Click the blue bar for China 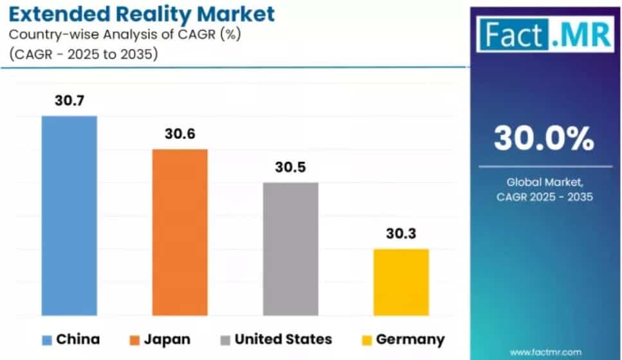pyautogui.click(x=69, y=215)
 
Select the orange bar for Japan pyautogui.click(x=180, y=232)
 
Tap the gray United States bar pyautogui.click(x=291, y=249)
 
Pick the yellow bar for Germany pyautogui.click(x=401, y=282)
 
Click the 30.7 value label pyautogui.click(x=69, y=101)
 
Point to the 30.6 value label pyautogui.click(x=180, y=134)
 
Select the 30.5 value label pyautogui.click(x=291, y=167)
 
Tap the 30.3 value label pyautogui.click(x=401, y=233)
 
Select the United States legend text pyautogui.click(x=283, y=339)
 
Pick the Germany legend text pyautogui.click(x=410, y=339)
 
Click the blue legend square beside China pyautogui.click(x=46, y=339)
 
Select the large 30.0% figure pyautogui.click(x=544, y=138)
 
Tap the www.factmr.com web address pyautogui.click(x=544, y=352)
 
